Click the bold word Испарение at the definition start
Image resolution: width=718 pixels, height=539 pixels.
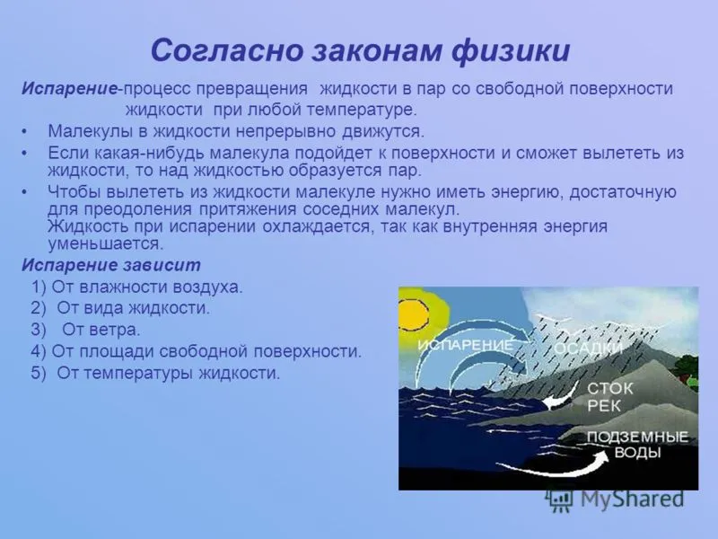coord(70,89)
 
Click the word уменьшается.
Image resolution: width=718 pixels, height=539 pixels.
coord(106,243)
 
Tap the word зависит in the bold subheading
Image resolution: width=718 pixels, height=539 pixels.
coord(162,265)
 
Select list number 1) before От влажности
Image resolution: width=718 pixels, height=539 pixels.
coord(39,287)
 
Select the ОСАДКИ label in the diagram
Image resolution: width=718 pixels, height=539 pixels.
coord(589,349)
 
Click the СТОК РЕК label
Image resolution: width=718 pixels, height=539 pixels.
coord(609,397)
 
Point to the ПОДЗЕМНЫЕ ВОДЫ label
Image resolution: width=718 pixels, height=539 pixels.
coord(637,445)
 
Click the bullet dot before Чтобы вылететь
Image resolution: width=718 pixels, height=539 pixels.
coord(24,192)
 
